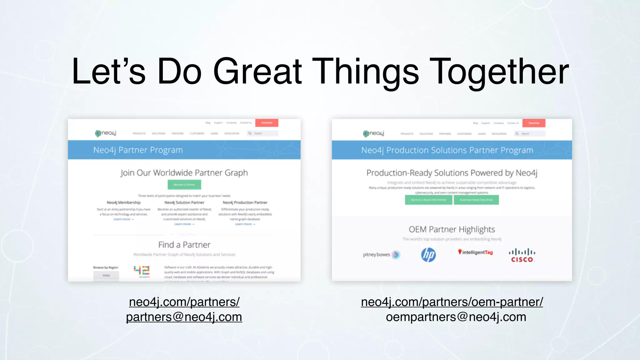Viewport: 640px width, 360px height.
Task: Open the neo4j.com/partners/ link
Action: (x=184, y=302)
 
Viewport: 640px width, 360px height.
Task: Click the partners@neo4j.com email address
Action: (x=184, y=317)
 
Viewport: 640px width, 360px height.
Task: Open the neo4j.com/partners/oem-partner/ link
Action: (x=452, y=302)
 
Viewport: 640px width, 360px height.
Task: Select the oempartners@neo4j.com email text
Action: (x=456, y=317)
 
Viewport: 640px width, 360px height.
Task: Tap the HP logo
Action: (x=428, y=255)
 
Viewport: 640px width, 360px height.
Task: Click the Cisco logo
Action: (x=522, y=255)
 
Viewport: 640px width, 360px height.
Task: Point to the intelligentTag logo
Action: (x=475, y=252)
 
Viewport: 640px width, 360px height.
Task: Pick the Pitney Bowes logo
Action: (x=381, y=255)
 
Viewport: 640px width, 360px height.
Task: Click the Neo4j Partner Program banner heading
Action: (x=138, y=150)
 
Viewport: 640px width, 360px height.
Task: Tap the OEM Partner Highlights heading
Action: (x=452, y=229)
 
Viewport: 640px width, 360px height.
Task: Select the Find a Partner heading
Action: (x=184, y=245)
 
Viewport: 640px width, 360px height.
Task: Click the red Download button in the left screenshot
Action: (x=267, y=123)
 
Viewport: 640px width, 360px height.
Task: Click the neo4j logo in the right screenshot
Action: (x=373, y=133)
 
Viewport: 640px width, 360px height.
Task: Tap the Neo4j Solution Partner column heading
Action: (x=184, y=202)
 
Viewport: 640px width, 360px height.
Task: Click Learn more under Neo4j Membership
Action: (x=123, y=219)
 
